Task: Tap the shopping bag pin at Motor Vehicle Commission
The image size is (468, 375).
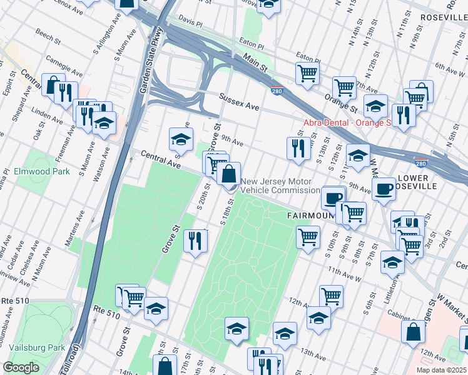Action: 229,173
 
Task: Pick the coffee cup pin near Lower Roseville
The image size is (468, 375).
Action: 383,188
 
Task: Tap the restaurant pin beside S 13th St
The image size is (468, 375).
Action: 298,148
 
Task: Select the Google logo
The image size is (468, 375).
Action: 21,367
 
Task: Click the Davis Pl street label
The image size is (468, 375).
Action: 190,21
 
